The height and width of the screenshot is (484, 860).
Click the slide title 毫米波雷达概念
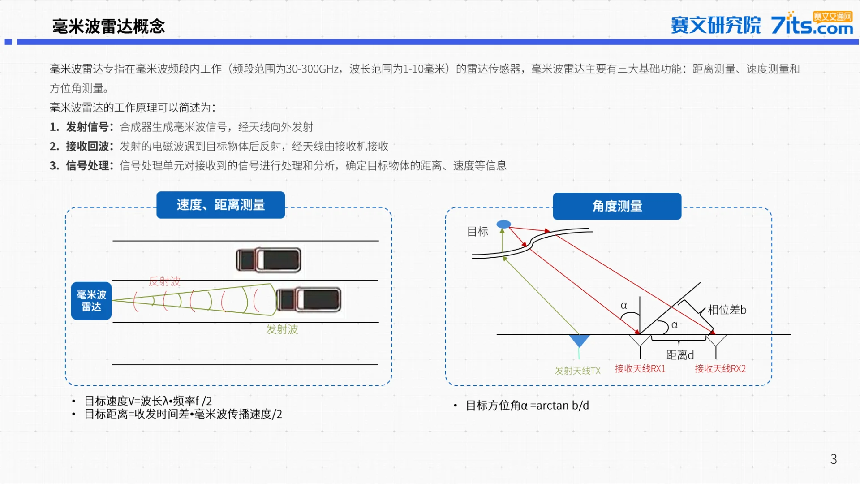108,26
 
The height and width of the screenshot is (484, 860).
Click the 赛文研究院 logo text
715,25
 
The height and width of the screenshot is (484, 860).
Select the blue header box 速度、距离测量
220,205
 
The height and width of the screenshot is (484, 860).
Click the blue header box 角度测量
617,206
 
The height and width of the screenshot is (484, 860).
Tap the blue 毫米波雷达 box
91,301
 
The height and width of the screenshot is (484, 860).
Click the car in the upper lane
268,260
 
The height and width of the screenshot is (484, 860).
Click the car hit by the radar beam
308,300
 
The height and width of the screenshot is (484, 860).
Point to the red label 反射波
164,281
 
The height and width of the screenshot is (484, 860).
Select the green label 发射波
282,329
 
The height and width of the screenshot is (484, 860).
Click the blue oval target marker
503,224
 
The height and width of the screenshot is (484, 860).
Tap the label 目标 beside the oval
477,232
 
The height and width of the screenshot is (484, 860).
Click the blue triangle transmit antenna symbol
579,341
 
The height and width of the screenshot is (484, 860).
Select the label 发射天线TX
577,371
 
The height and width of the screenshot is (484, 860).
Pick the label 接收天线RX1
640,369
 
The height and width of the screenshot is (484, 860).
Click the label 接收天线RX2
720,369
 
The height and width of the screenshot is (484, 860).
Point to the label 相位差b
727,310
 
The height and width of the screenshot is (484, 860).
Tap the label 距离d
680,355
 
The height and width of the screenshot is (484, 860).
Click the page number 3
833,459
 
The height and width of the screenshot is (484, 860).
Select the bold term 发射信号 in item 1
87,127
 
